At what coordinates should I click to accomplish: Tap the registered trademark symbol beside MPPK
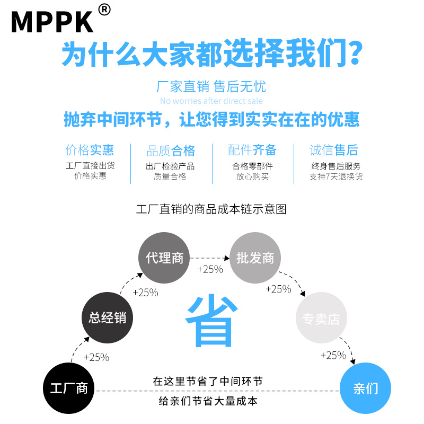point(104,10)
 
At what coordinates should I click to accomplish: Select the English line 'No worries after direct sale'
point(211,101)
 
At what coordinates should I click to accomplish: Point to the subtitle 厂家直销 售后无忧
point(211,86)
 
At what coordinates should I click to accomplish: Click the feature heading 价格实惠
point(90,150)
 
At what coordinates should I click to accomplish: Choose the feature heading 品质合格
point(171,151)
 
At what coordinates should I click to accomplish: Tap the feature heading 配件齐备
point(252,150)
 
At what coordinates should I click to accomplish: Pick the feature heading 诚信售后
point(334,150)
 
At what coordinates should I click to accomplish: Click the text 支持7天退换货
point(336,176)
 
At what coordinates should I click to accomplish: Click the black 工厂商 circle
point(68,388)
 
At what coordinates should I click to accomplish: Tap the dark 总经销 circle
point(108,318)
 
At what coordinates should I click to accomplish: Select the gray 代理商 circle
point(164,258)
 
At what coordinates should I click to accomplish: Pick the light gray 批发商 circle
point(255,258)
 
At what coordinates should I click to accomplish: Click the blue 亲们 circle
point(365,388)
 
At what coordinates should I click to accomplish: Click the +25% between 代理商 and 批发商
point(210,269)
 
